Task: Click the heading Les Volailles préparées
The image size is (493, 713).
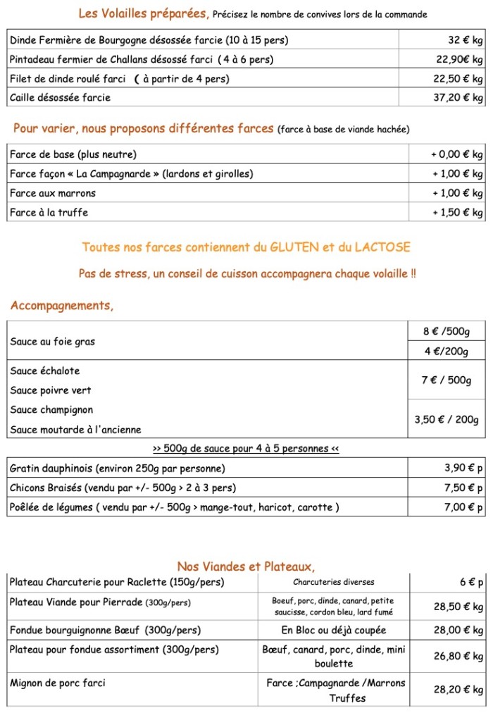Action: pos(144,13)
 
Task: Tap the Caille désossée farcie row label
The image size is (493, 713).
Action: pos(61,98)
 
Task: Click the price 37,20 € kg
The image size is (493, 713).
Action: pos(457,98)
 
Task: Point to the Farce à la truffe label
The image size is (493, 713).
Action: pos(49,212)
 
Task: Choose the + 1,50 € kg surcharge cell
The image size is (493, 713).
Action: pos(457,212)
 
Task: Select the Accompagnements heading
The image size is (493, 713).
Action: pos(62,306)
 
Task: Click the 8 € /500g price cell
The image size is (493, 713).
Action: pos(446,331)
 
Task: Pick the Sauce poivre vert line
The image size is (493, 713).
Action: pos(51,390)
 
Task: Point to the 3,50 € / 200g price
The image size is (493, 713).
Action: pos(446,420)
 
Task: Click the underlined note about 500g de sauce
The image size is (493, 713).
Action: pos(246,449)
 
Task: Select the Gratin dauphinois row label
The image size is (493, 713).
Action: pos(118,469)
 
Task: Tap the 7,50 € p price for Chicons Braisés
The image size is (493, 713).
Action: pos(463,488)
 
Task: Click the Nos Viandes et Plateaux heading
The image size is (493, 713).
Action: pos(246,566)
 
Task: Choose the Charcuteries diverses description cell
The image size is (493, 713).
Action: pos(334,583)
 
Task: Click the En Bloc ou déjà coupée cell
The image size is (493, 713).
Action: pos(334,630)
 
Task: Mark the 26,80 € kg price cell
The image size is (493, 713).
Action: pos(458,656)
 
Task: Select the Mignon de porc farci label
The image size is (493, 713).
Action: pos(58,683)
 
